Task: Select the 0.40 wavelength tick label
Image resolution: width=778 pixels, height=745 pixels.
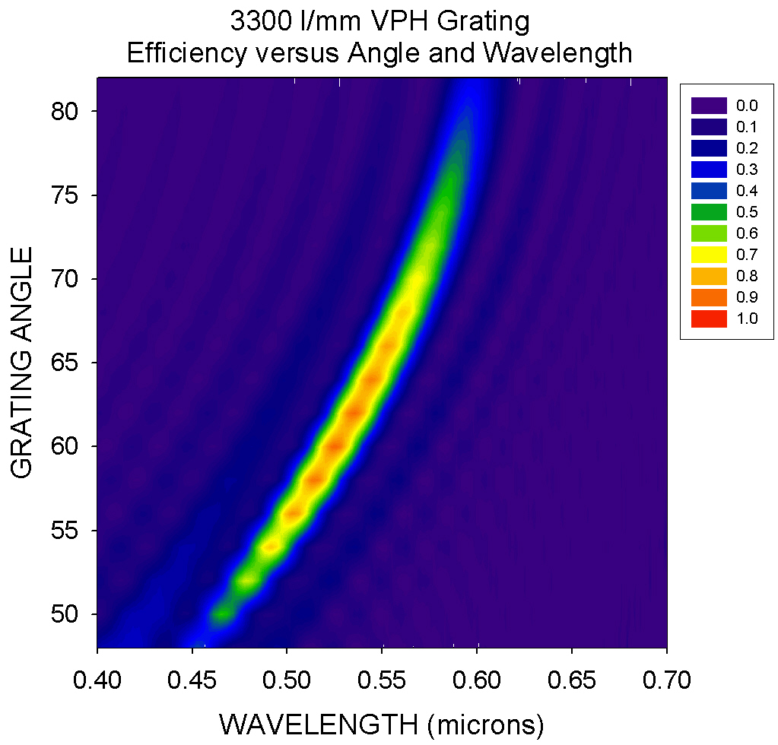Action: click(x=97, y=679)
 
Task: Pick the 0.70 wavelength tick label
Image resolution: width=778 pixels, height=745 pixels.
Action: click(x=666, y=679)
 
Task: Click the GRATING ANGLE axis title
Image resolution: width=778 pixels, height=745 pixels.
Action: click(x=24, y=362)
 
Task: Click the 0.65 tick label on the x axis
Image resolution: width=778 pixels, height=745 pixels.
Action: click(x=572, y=679)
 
